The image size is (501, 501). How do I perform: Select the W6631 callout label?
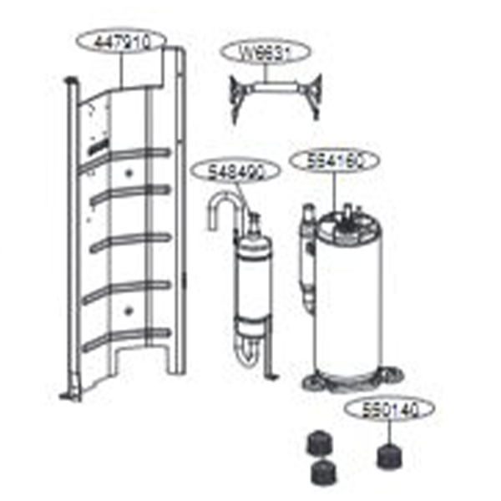265,51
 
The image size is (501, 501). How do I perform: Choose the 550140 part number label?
386,410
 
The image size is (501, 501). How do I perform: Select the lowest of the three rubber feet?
321,473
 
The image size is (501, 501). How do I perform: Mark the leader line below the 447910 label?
123,72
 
